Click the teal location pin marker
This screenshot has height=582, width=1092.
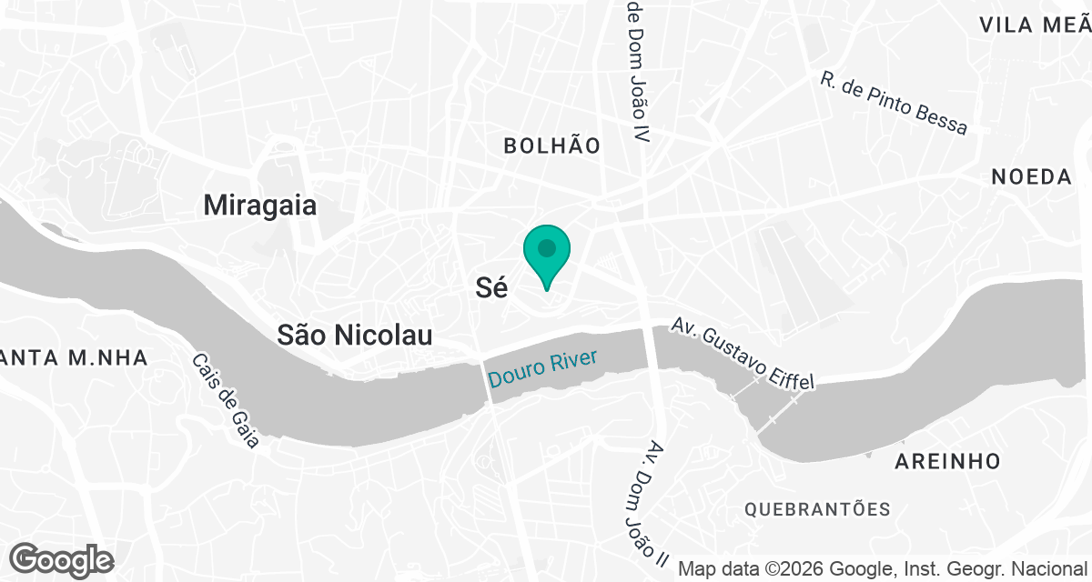[x=546, y=256]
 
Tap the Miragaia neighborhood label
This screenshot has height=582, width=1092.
[x=260, y=206]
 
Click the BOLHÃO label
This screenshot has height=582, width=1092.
[x=552, y=145]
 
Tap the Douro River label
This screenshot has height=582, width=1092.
[x=542, y=367]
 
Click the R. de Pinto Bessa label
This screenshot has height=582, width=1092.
[x=893, y=104]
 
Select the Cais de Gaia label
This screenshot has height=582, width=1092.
[x=226, y=400]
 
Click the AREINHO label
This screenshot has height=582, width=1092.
[x=947, y=461]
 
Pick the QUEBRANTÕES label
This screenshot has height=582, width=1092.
[x=817, y=509]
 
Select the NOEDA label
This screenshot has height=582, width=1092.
[x=1032, y=177]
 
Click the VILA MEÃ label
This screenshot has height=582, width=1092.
[x=1034, y=25]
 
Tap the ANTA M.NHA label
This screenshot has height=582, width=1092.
[x=73, y=358]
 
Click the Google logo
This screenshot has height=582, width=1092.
[x=62, y=560]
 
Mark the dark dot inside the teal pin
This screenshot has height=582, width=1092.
[x=546, y=247]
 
